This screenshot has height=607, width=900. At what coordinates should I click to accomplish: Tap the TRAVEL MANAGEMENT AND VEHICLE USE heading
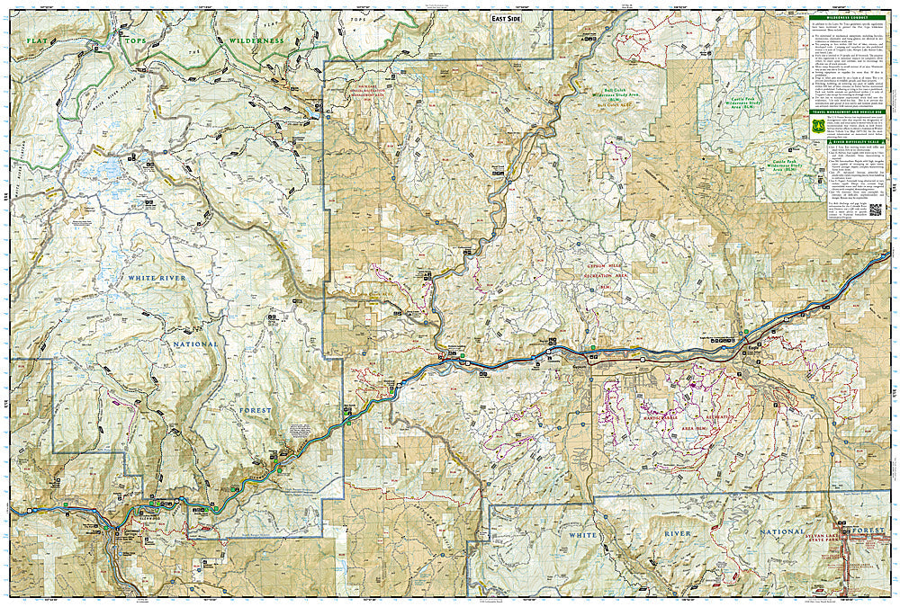click(x=846, y=111)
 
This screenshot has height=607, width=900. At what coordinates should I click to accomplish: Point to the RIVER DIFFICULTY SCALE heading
click(x=847, y=142)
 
